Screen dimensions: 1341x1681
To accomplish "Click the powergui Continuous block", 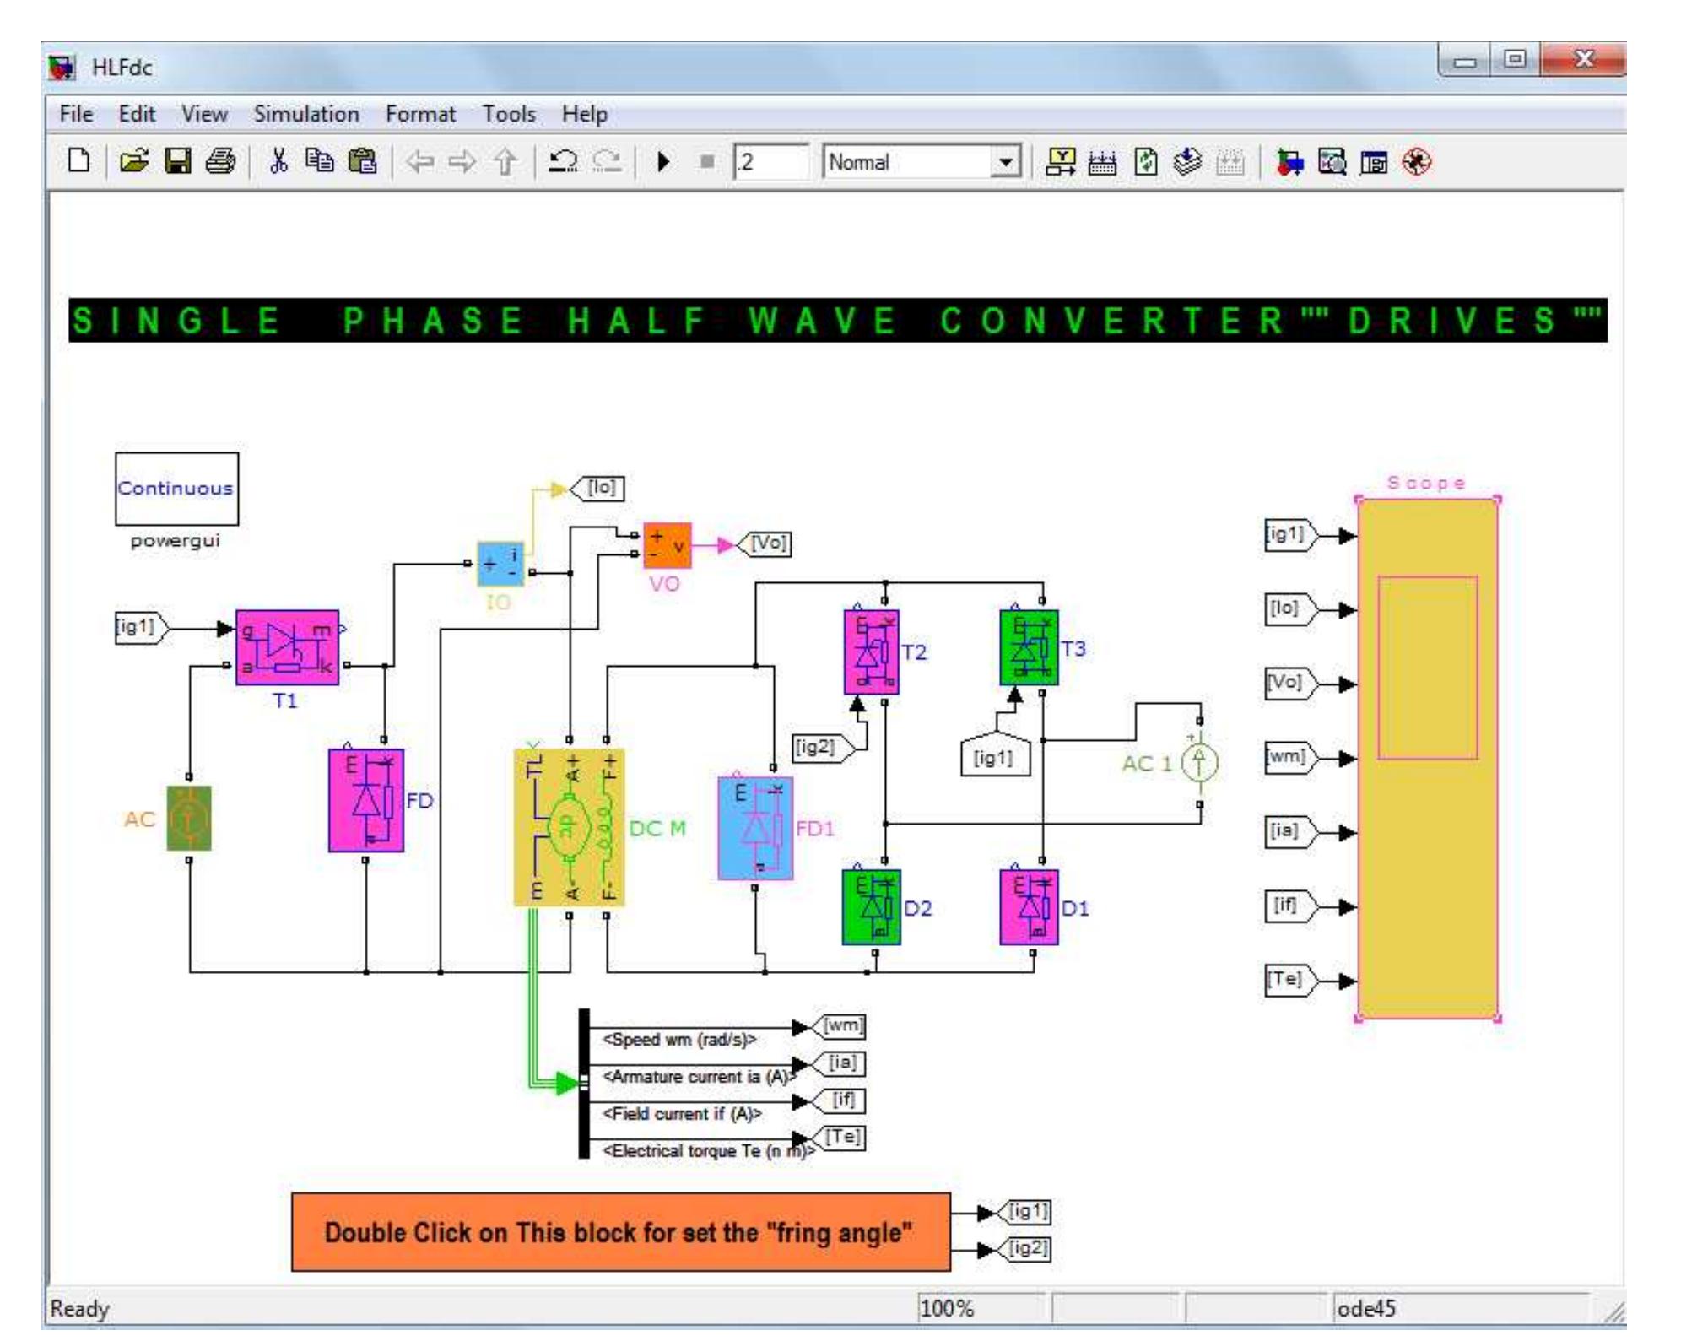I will (176, 489).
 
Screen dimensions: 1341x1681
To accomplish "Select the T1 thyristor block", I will (287, 647).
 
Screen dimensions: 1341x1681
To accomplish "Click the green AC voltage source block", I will (189, 818).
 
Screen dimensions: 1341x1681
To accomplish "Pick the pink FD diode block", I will (366, 800).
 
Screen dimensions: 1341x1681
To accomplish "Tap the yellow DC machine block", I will (570, 827).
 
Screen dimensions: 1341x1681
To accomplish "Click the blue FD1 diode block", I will (755, 828).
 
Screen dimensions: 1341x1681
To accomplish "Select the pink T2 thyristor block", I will (871, 652).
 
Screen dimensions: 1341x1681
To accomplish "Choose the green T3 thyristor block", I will (1028, 648).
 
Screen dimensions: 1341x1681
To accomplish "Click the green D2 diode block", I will (871, 907).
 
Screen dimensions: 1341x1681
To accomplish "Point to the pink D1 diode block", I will (1028, 907).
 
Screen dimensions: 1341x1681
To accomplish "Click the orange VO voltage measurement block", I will (667, 545).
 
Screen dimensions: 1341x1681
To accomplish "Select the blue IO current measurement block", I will (500, 564).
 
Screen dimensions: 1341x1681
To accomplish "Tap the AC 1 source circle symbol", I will (1199, 764).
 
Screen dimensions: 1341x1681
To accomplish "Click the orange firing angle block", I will (620, 1232).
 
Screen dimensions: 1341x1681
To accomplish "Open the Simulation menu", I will (306, 114).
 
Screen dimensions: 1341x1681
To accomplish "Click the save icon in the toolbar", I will (177, 161).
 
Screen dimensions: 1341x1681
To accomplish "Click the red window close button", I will (1583, 60).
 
